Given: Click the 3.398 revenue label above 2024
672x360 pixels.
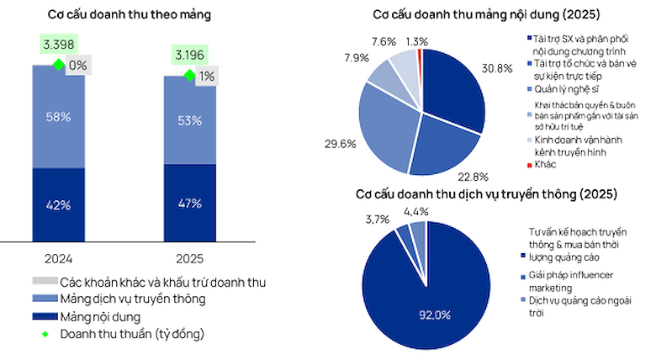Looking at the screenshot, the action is pos(59,44).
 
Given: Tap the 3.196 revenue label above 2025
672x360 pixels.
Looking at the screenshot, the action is pos(190,55).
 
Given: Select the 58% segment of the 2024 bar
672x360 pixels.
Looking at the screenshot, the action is pos(59,117).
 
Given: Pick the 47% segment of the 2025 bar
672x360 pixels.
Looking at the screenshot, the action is pos(190,203).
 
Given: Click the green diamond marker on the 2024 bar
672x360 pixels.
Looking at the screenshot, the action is pos(59,65).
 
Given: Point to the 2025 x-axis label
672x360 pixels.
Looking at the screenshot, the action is pos(190,259).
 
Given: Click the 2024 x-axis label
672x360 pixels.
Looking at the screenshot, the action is pos(59,259).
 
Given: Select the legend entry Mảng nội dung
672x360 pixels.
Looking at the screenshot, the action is pos(87,317).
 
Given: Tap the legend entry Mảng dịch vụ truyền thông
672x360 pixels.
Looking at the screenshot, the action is pos(119,299).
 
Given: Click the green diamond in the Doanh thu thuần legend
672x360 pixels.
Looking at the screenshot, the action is pos(45,334).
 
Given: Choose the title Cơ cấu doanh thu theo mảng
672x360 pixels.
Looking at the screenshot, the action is pos(130,14).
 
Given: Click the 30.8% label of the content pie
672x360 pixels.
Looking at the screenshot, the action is pos(497,69).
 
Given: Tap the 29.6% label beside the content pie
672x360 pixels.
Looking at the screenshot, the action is pos(341,144).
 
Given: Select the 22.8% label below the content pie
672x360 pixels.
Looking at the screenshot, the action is pos(474,177).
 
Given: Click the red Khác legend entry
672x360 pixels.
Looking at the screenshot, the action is pos(542,165).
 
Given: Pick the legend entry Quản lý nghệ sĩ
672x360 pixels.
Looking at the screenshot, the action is pos(564,89).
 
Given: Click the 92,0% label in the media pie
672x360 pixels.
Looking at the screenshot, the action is pos(435,315).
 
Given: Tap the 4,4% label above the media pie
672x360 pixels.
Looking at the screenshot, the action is pos(416,211).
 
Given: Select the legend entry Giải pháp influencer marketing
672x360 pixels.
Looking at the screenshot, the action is pos(567,281).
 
